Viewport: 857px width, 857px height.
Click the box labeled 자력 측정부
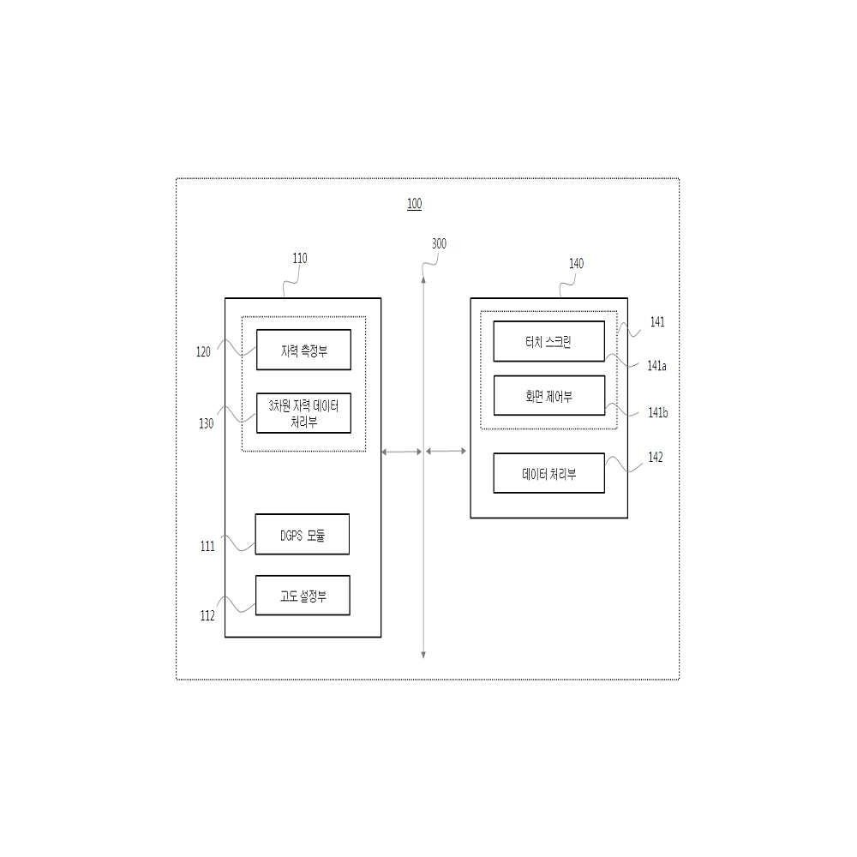303,350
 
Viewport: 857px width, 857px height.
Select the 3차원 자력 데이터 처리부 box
303,413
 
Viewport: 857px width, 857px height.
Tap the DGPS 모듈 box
303,535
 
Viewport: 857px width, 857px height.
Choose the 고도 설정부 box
303,596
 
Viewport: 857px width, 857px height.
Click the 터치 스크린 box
548,342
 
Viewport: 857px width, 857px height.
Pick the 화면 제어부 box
548,396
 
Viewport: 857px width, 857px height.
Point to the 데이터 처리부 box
548,473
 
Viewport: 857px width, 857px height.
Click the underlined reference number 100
414,204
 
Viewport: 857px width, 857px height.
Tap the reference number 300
439,243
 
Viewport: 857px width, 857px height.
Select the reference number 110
299,259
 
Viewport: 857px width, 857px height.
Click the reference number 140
576,264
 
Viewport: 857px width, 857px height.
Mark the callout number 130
206,423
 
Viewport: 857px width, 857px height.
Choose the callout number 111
207,547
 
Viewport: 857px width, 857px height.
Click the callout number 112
207,616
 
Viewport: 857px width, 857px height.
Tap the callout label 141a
657,366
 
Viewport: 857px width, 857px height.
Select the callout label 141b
658,413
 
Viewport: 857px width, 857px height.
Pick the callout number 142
656,458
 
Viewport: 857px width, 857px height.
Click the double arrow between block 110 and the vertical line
402,452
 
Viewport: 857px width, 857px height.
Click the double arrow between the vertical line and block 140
446,451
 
